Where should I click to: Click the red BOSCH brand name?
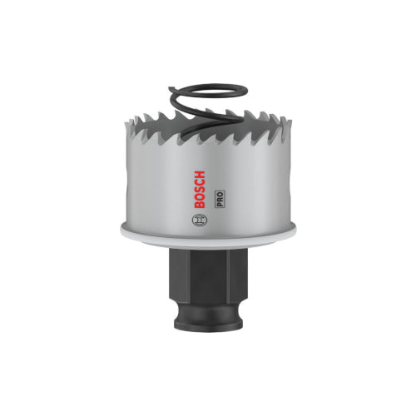(200, 190)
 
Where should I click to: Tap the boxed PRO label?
(220, 199)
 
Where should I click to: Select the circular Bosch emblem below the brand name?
(200, 220)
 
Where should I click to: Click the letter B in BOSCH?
(200, 205)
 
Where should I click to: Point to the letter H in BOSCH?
(200, 176)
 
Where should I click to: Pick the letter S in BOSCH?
(200, 190)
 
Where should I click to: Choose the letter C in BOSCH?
(200, 183)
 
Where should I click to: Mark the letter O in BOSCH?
(200, 197)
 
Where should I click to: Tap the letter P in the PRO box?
(220, 204)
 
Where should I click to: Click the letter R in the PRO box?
(220, 199)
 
